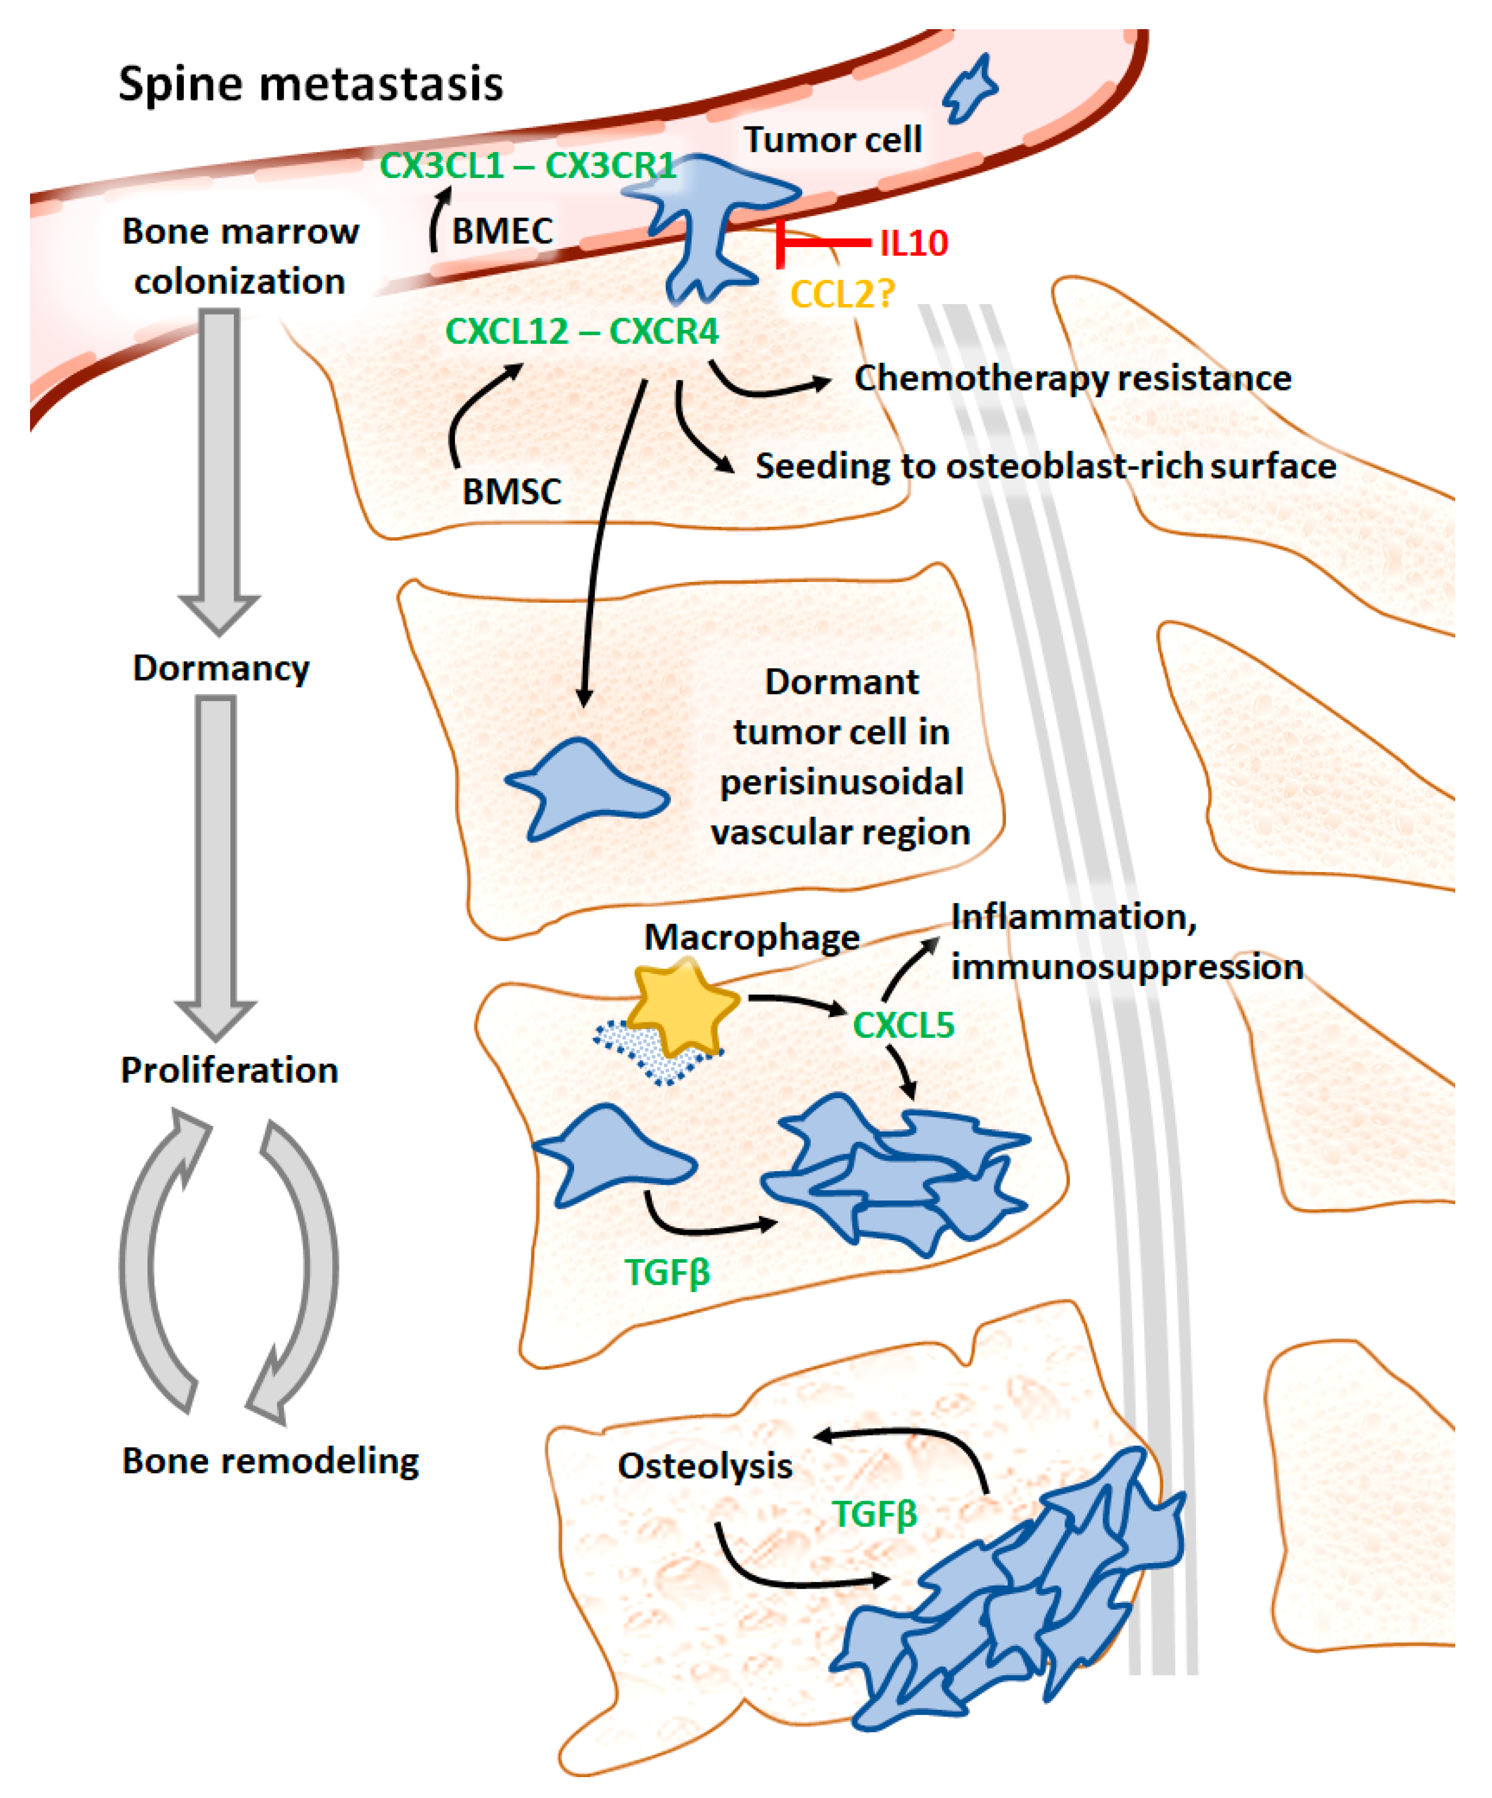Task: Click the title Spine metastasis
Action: point(311,84)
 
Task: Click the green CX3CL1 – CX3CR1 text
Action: point(527,165)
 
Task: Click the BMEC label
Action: point(503,231)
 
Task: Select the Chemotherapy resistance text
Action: point(1072,378)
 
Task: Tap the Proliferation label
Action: point(230,1070)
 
